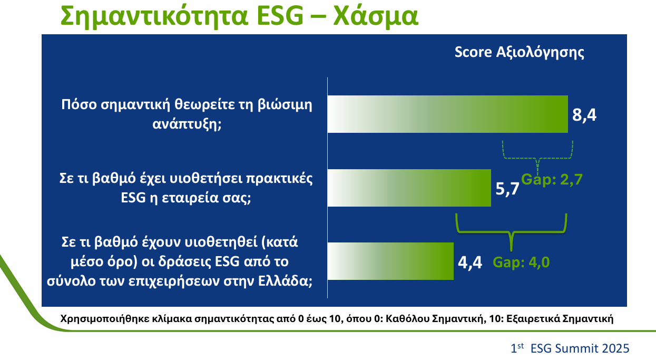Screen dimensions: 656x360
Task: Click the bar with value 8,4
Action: point(447,114)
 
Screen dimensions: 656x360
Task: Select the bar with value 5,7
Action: point(409,188)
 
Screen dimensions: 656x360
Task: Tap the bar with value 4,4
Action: point(390,261)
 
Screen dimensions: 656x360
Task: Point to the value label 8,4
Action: point(584,114)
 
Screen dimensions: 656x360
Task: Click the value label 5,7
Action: point(507,188)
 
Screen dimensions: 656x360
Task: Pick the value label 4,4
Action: point(470,262)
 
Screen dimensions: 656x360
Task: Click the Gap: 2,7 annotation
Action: point(552,179)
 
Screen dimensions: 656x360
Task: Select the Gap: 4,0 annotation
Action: point(521,262)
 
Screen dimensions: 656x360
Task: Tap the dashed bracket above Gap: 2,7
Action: point(537,158)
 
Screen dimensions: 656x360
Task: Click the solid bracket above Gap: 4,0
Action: point(511,232)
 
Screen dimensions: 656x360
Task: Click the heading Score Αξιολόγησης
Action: point(519,53)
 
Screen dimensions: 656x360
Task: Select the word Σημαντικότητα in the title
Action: point(154,17)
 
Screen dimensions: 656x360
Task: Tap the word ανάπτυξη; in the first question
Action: point(187,124)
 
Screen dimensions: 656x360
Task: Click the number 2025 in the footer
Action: point(615,348)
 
